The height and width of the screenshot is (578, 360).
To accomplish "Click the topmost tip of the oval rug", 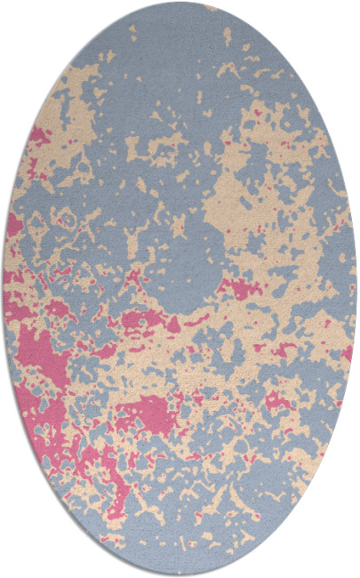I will (x=180, y=4).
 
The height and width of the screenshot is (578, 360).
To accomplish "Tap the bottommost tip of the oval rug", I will (x=180, y=574).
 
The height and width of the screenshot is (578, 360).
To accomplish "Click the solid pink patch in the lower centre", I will (x=147, y=411).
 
